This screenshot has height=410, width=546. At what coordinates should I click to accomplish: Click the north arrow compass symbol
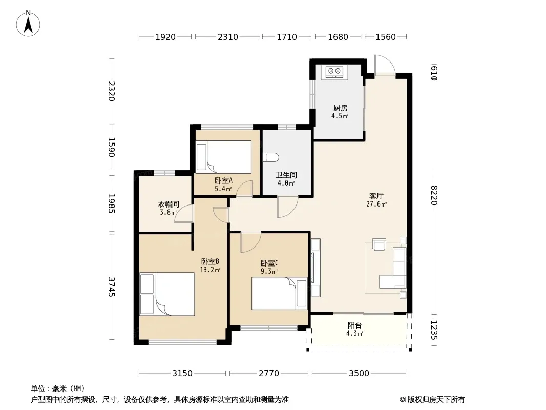(28, 24)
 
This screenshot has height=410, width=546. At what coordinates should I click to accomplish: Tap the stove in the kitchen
(334, 71)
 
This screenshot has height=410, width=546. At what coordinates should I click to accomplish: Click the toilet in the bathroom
(271, 157)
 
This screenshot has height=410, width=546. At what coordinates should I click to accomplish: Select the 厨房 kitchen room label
(340, 108)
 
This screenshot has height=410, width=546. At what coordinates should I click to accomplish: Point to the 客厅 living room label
(376, 196)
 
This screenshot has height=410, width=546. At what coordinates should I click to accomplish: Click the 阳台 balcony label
(354, 325)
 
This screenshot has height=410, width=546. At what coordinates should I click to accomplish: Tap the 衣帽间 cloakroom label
(169, 204)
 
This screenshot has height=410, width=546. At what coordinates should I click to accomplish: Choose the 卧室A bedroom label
(223, 181)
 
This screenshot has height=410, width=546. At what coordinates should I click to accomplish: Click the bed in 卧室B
(167, 294)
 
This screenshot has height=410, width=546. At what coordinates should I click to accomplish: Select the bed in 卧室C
(280, 293)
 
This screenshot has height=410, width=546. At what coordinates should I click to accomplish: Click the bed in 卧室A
(223, 157)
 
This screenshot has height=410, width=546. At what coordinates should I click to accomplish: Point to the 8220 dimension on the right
(434, 195)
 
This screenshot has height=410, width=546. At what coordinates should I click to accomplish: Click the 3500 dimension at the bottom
(359, 373)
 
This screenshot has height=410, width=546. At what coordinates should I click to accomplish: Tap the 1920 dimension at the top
(165, 37)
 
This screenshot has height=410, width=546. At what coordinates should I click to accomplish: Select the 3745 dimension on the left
(111, 286)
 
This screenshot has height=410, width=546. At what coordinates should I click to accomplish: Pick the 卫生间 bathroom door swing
(288, 207)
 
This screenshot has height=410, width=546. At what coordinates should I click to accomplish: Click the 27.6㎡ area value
(376, 204)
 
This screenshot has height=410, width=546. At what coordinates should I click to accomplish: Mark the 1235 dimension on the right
(434, 330)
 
